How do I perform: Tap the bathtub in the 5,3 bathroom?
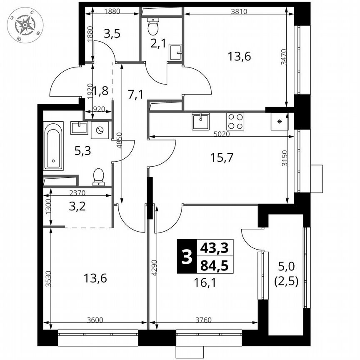[x=53, y=146]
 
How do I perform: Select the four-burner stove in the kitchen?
[x=235, y=121]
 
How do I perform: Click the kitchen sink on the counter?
[x=201, y=121]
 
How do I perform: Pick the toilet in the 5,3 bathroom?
[x=99, y=176]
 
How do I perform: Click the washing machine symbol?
[x=100, y=130]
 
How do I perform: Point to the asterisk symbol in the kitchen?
[x=280, y=122]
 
